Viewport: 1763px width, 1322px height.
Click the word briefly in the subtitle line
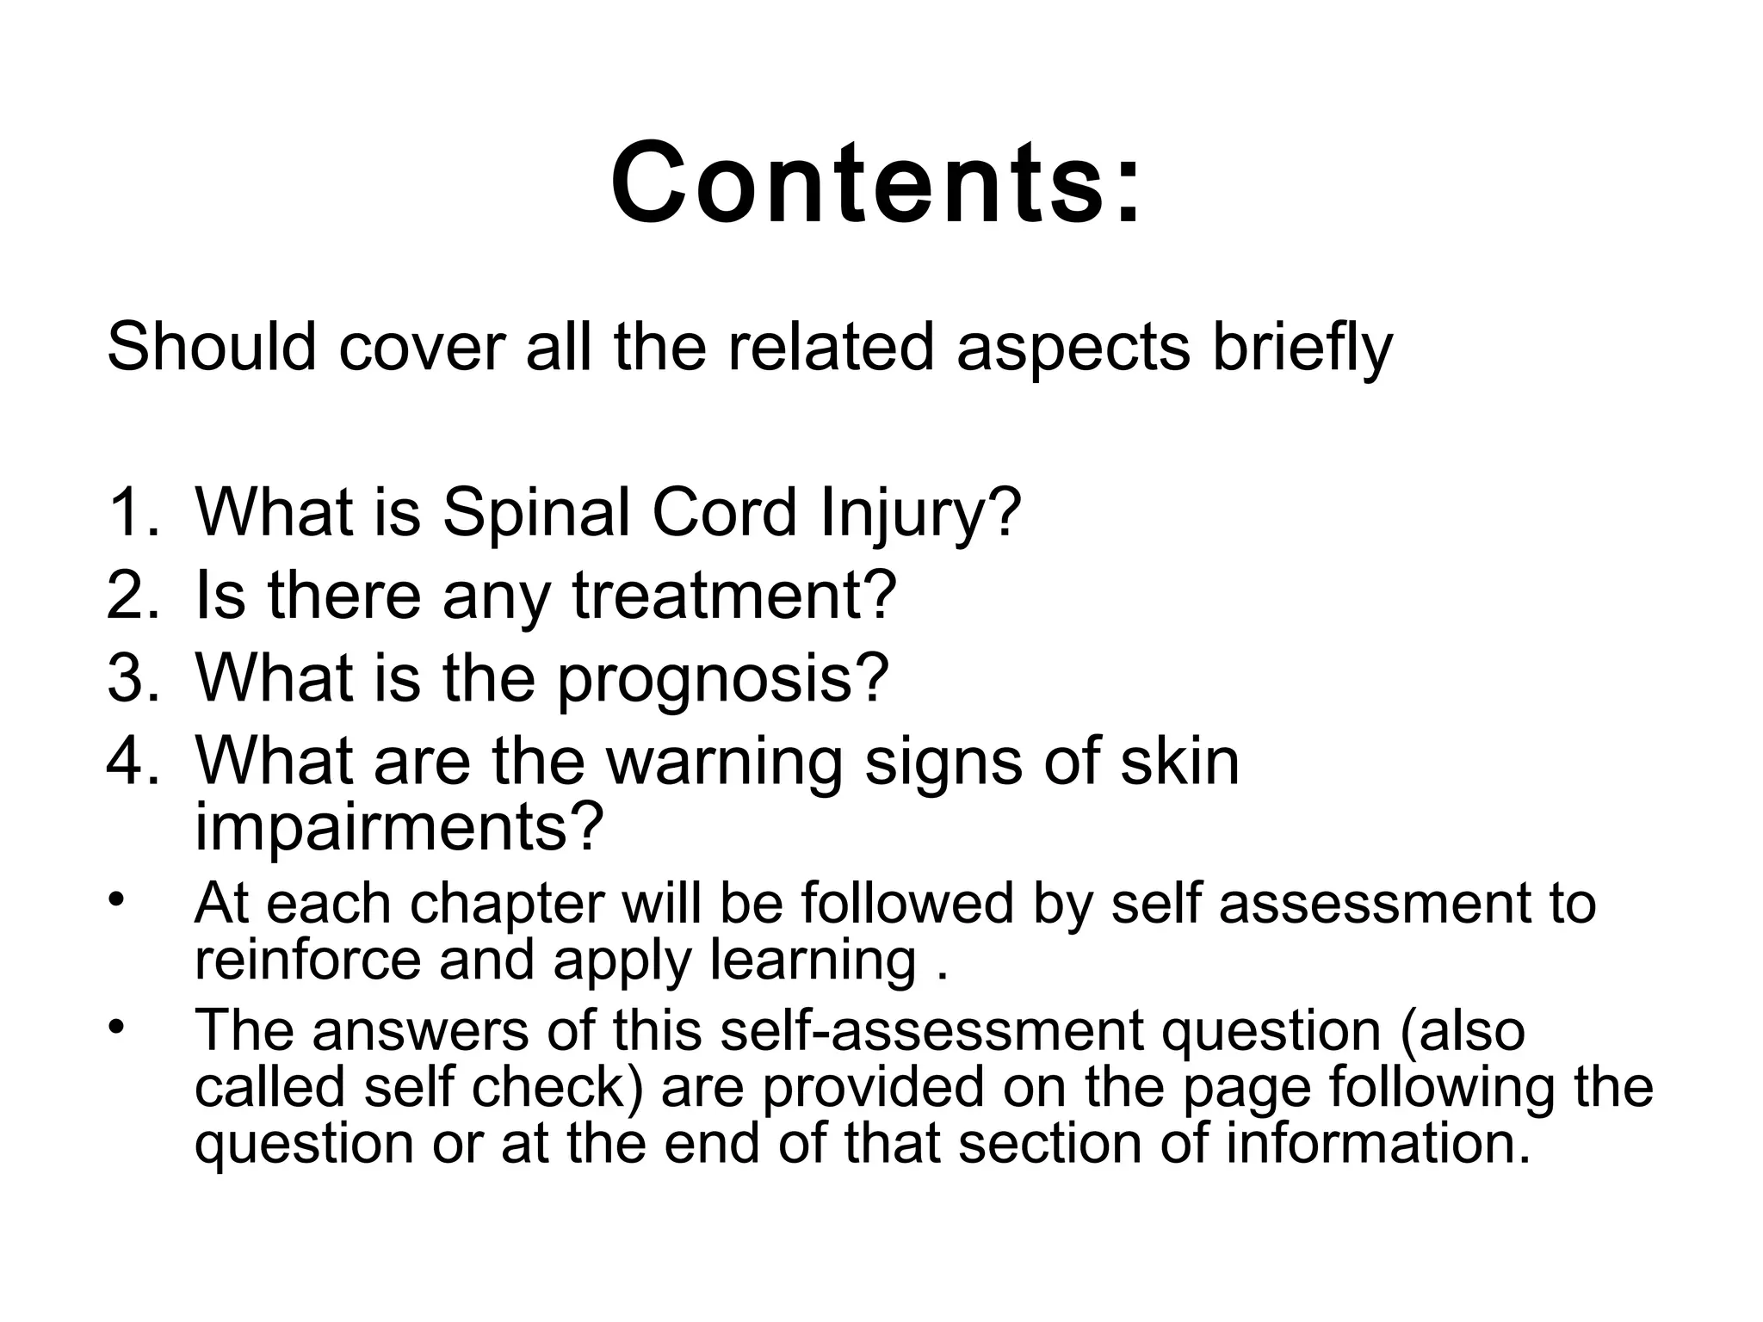coord(1302,349)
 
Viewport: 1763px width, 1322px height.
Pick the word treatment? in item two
coord(734,596)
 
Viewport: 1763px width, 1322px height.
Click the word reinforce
coord(307,961)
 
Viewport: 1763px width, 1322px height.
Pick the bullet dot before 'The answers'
coord(117,1026)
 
